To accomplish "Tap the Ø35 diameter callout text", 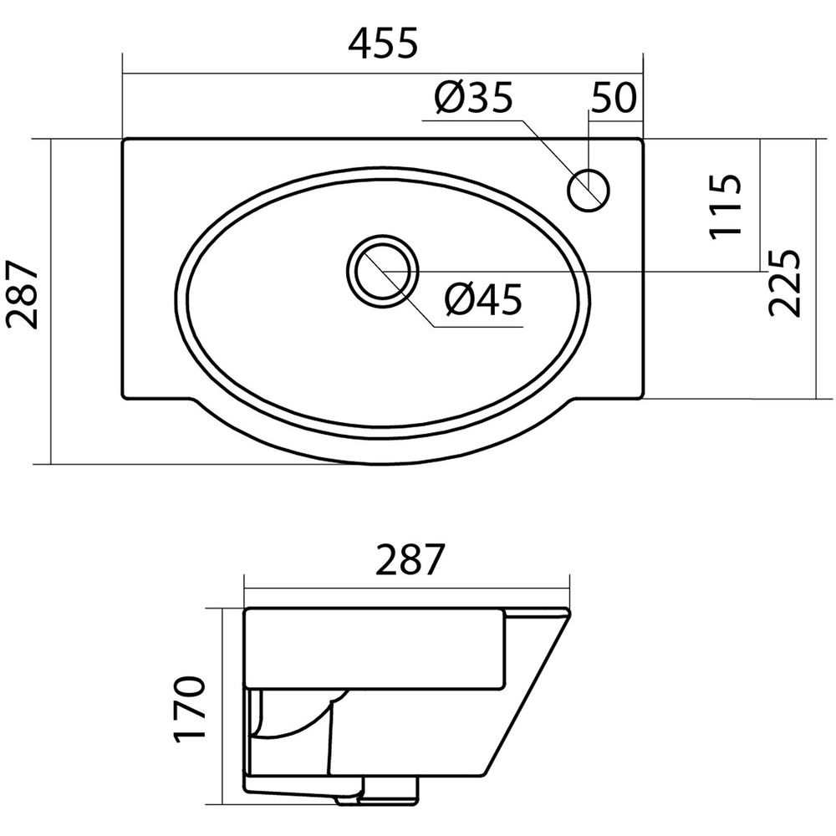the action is click(473, 98).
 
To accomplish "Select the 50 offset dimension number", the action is click(614, 98).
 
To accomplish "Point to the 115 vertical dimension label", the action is click(725, 206).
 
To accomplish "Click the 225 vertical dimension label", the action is click(785, 283).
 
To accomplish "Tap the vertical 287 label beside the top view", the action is click(23, 294).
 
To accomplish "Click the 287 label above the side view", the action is click(410, 559).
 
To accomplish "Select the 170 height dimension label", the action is click(190, 708).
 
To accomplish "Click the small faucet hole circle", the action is click(589, 191).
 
